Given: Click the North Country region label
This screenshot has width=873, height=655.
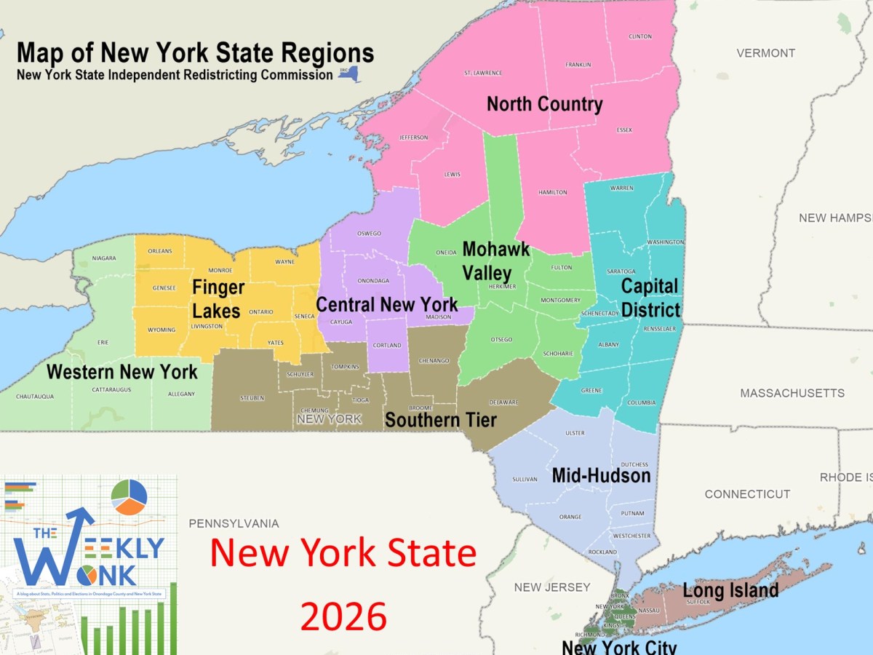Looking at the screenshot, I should click(x=544, y=104).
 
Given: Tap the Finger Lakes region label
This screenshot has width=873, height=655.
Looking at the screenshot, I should click(x=218, y=299).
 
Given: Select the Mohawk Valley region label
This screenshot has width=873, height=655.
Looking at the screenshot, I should click(x=495, y=261).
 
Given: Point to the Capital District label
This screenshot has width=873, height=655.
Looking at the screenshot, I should click(x=650, y=298).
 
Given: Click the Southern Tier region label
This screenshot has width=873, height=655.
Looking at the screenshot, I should click(x=441, y=420).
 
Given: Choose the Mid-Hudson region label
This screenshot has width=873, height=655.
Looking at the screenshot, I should click(x=601, y=476).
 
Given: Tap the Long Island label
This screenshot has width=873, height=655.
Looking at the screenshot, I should click(x=730, y=590).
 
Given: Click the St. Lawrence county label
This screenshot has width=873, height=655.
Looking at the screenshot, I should click(x=483, y=73).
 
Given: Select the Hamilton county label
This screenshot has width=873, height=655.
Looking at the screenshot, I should click(x=552, y=192).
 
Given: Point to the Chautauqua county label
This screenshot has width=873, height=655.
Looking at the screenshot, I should click(x=35, y=397).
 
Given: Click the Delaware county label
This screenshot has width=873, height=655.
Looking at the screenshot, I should click(x=503, y=402).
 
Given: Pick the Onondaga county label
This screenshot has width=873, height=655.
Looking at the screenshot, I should click(x=373, y=280).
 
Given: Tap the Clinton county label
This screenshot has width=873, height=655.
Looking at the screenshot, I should click(x=639, y=36).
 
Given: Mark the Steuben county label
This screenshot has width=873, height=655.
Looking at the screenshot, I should click(x=252, y=398).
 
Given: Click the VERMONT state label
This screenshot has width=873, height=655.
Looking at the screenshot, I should click(x=765, y=53).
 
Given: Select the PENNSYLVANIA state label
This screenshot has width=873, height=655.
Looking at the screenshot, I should click(x=234, y=523).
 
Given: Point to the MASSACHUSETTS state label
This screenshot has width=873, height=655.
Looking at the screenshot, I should click(x=792, y=393).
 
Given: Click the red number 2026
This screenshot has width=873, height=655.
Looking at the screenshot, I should click(x=343, y=616).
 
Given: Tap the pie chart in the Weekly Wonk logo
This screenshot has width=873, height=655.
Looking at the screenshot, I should click(x=129, y=497).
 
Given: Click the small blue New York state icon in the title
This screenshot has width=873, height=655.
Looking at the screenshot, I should click(x=349, y=75).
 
